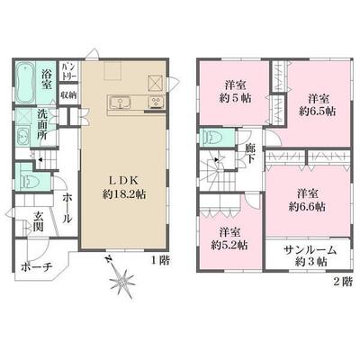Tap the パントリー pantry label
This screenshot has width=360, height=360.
[67, 71]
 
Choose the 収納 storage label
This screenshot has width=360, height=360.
[67, 94]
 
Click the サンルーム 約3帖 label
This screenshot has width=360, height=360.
[305, 254]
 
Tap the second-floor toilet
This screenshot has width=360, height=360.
[213, 138]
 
